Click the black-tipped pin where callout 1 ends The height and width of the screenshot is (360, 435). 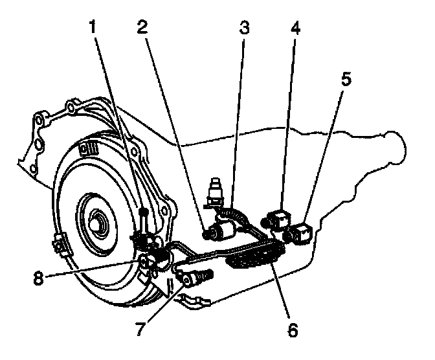click(143, 214)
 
